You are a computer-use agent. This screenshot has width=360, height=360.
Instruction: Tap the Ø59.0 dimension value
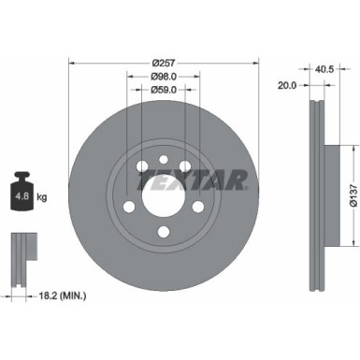tap(156, 91)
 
